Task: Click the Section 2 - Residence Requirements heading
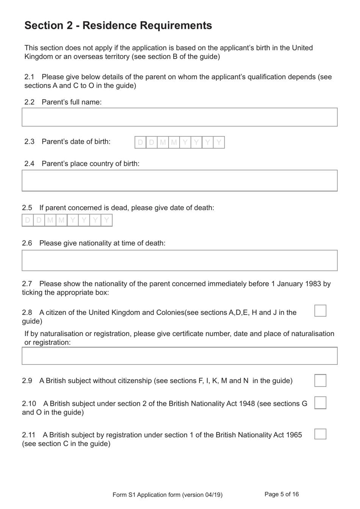click(118, 25)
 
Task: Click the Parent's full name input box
click(179, 117)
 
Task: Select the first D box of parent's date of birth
click(140, 143)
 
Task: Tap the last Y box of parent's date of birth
click(219, 143)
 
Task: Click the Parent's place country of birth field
click(179, 181)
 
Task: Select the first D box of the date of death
click(28, 220)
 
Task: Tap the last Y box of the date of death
click(106, 220)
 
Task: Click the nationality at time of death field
click(179, 260)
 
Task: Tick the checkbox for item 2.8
click(320, 311)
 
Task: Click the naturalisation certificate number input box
click(179, 356)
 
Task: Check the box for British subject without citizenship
click(320, 380)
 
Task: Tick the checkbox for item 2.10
click(320, 403)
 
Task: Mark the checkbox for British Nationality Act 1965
click(320, 434)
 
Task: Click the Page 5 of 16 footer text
click(282, 494)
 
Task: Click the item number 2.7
click(27, 284)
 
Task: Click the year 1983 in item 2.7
click(313, 284)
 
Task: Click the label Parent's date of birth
click(76, 141)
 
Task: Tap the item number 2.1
click(30, 77)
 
